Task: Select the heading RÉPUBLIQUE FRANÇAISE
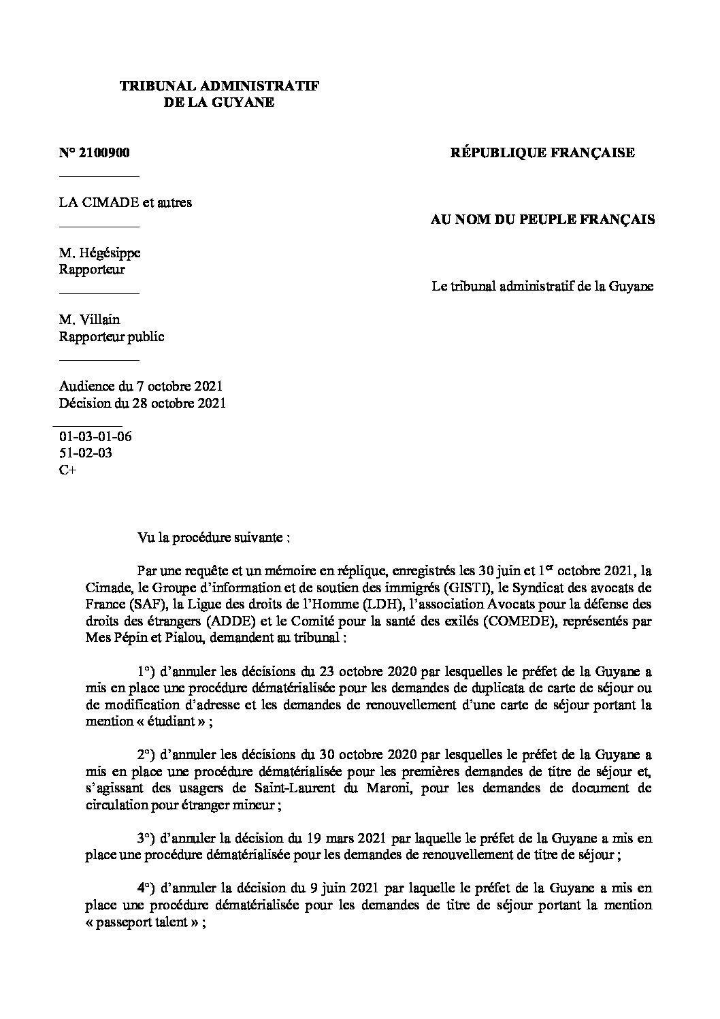(x=542, y=153)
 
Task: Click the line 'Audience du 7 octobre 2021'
(x=141, y=387)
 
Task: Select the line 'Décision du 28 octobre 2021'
(x=142, y=403)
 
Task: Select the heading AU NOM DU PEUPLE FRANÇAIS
(x=543, y=220)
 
